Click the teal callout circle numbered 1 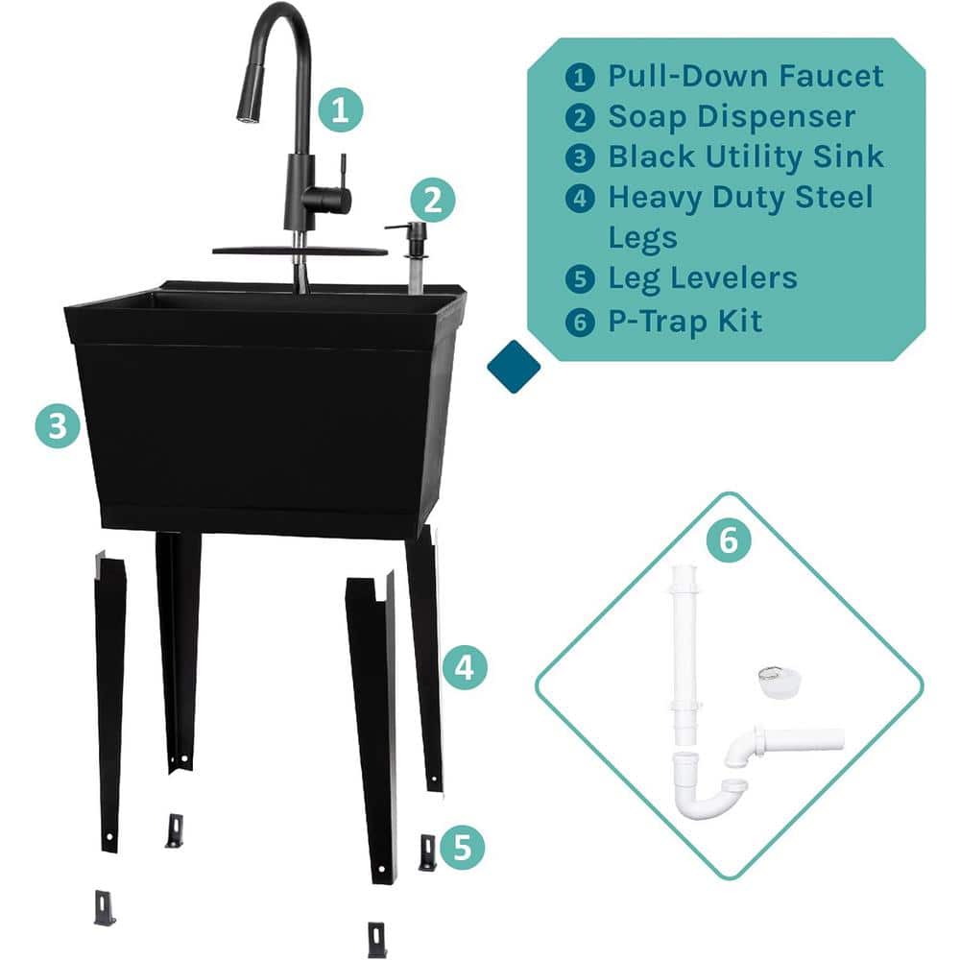point(341,109)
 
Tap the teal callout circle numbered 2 point(432,201)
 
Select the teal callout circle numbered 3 point(58,425)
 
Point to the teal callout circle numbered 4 point(465,667)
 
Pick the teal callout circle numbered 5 point(463,848)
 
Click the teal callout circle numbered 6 point(729,540)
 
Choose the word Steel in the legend point(834,197)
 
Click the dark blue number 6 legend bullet point(580,322)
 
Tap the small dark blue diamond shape point(514,367)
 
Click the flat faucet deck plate point(300,251)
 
